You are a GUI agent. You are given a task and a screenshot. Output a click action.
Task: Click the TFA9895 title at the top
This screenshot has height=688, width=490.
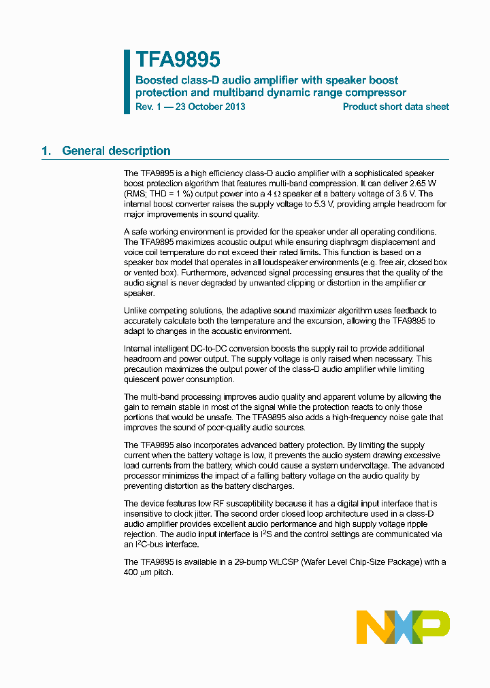pos(178,60)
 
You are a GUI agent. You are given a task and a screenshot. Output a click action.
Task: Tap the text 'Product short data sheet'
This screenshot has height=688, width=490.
pos(395,107)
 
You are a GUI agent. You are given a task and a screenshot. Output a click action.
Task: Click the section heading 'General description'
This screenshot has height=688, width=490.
pos(116,151)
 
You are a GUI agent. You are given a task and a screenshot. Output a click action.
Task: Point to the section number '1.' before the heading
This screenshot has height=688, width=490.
pos(46,151)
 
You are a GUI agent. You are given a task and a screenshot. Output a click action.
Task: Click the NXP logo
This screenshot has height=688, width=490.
pos(403,627)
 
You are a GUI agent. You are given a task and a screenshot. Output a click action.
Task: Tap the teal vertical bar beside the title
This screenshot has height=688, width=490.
pos(127,82)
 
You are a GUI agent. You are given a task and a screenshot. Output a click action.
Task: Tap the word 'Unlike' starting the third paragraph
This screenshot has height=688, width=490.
pos(135,310)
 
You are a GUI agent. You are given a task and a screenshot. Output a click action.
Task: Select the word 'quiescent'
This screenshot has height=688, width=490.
pos(145,379)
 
